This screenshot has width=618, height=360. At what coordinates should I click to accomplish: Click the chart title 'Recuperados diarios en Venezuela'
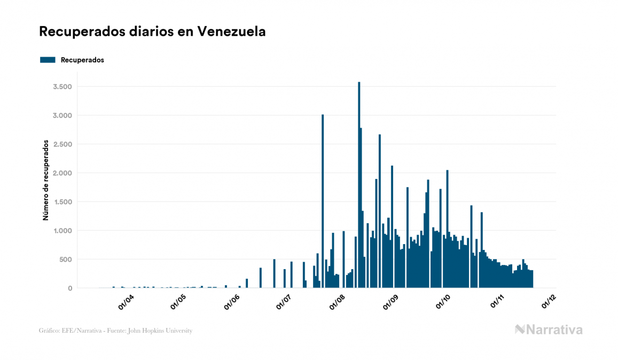click(152, 32)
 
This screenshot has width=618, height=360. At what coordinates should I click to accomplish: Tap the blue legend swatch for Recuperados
click(48, 60)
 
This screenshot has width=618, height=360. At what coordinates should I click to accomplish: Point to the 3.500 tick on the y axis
click(62, 87)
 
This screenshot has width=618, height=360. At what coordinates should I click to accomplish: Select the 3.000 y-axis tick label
click(62, 115)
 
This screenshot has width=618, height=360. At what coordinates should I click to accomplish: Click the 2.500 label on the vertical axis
click(62, 144)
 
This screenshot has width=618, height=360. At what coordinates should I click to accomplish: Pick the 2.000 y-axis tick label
click(62, 173)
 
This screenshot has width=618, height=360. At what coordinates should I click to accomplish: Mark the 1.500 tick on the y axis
click(62, 202)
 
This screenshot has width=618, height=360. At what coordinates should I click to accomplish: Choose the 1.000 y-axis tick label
click(62, 231)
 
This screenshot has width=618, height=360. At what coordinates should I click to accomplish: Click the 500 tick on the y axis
click(65, 260)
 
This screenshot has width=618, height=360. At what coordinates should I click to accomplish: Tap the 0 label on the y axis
click(70, 288)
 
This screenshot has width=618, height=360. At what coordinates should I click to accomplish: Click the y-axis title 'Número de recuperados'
click(46, 180)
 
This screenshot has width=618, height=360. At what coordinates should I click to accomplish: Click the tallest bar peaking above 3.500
click(359, 185)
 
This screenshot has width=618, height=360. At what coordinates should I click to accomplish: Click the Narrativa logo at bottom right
click(549, 330)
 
